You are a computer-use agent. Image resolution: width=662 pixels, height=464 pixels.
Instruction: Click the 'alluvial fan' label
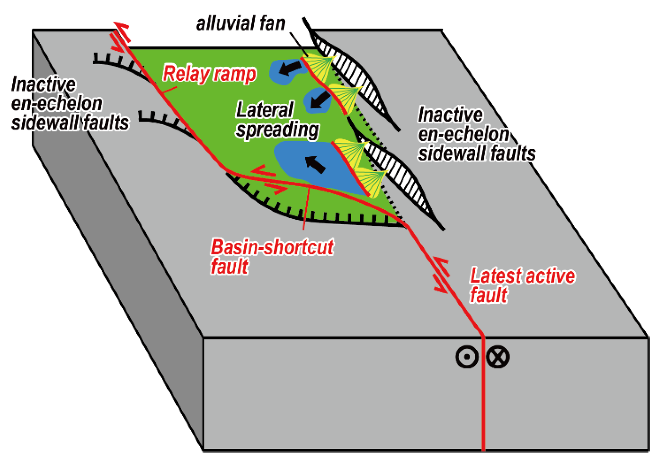241,24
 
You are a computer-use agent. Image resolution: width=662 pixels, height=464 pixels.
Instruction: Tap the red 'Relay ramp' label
210,74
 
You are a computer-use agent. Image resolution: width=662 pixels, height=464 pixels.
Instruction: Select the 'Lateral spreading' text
277,120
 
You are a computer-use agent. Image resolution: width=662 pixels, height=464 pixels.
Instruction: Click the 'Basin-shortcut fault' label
272,256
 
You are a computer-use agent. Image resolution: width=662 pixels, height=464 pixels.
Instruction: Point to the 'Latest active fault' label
522,285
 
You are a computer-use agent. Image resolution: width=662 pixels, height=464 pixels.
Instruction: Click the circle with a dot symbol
467,357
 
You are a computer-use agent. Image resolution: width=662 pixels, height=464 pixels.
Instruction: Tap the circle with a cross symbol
498,357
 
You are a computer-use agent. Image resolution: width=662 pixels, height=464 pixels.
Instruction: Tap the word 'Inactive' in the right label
450,115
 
